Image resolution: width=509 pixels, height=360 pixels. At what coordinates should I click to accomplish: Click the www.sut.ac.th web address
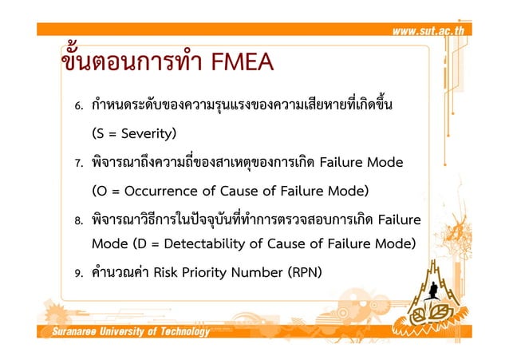[x=432, y=31]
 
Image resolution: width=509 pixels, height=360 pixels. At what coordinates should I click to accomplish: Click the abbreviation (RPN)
[x=300, y=272]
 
